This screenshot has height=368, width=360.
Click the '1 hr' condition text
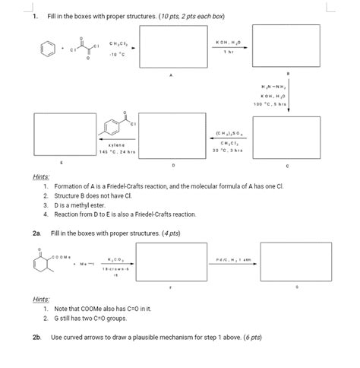[228, 52]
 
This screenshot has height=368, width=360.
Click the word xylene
[116, 144]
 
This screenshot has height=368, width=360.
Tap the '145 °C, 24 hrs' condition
[116, 151]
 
